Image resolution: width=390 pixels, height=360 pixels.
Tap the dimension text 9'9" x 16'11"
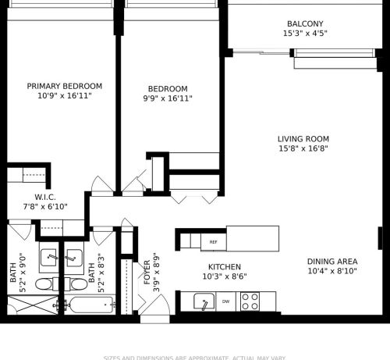(168, 98)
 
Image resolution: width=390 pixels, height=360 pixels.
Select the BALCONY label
(304, 24)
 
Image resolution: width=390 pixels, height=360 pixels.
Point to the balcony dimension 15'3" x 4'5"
(304, 34)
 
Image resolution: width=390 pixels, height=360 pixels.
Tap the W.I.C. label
(45, 197)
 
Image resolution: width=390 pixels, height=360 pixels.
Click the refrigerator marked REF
(214, 242)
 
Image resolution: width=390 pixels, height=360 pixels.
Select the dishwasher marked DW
(226, 301)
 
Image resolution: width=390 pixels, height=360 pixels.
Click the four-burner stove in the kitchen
(250, 301)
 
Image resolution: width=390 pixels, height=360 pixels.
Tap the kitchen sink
(204, 301)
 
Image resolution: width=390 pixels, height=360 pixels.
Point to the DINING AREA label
(332, 262)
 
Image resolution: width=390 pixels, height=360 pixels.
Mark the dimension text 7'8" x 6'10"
(45, 207)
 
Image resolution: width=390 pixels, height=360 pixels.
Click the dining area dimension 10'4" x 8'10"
(332, 272)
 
